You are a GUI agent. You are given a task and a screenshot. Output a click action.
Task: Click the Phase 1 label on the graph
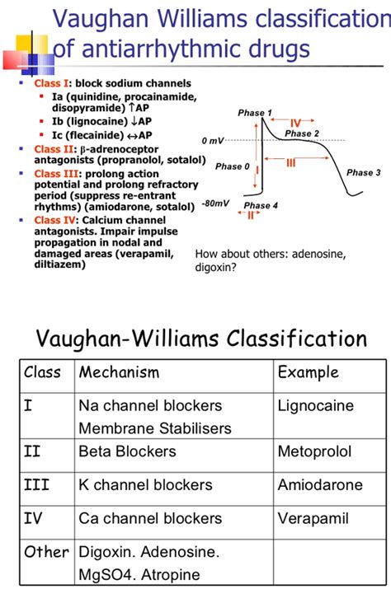[x=254, y=113]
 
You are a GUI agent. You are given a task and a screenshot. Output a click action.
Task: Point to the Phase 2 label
[x=302, y=133]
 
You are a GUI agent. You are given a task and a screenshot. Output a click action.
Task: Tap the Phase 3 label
[x=364, y=173]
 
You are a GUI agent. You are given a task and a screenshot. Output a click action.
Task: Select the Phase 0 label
[x=232, y=166]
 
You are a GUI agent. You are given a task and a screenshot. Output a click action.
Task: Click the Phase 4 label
[x=261, y=205]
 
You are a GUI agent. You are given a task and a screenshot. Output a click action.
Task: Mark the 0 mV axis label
[x=213, y=141]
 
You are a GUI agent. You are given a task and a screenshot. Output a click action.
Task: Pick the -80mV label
[x=215, y=203]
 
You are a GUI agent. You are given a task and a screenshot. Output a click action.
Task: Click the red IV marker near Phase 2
[x=294, y=123]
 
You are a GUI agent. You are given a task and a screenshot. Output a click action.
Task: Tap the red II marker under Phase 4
[x=250, y=215]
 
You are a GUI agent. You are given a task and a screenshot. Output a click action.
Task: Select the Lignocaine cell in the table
[x=315, y=406]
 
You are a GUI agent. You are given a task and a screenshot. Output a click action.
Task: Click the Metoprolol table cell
[x=314, y=451]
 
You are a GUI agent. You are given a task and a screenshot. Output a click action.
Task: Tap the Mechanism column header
[x=119, y=372]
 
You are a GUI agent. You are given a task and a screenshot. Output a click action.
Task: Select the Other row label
[x=46, y=551]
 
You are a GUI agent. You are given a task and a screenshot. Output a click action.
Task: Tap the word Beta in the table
[x=97, y=451]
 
